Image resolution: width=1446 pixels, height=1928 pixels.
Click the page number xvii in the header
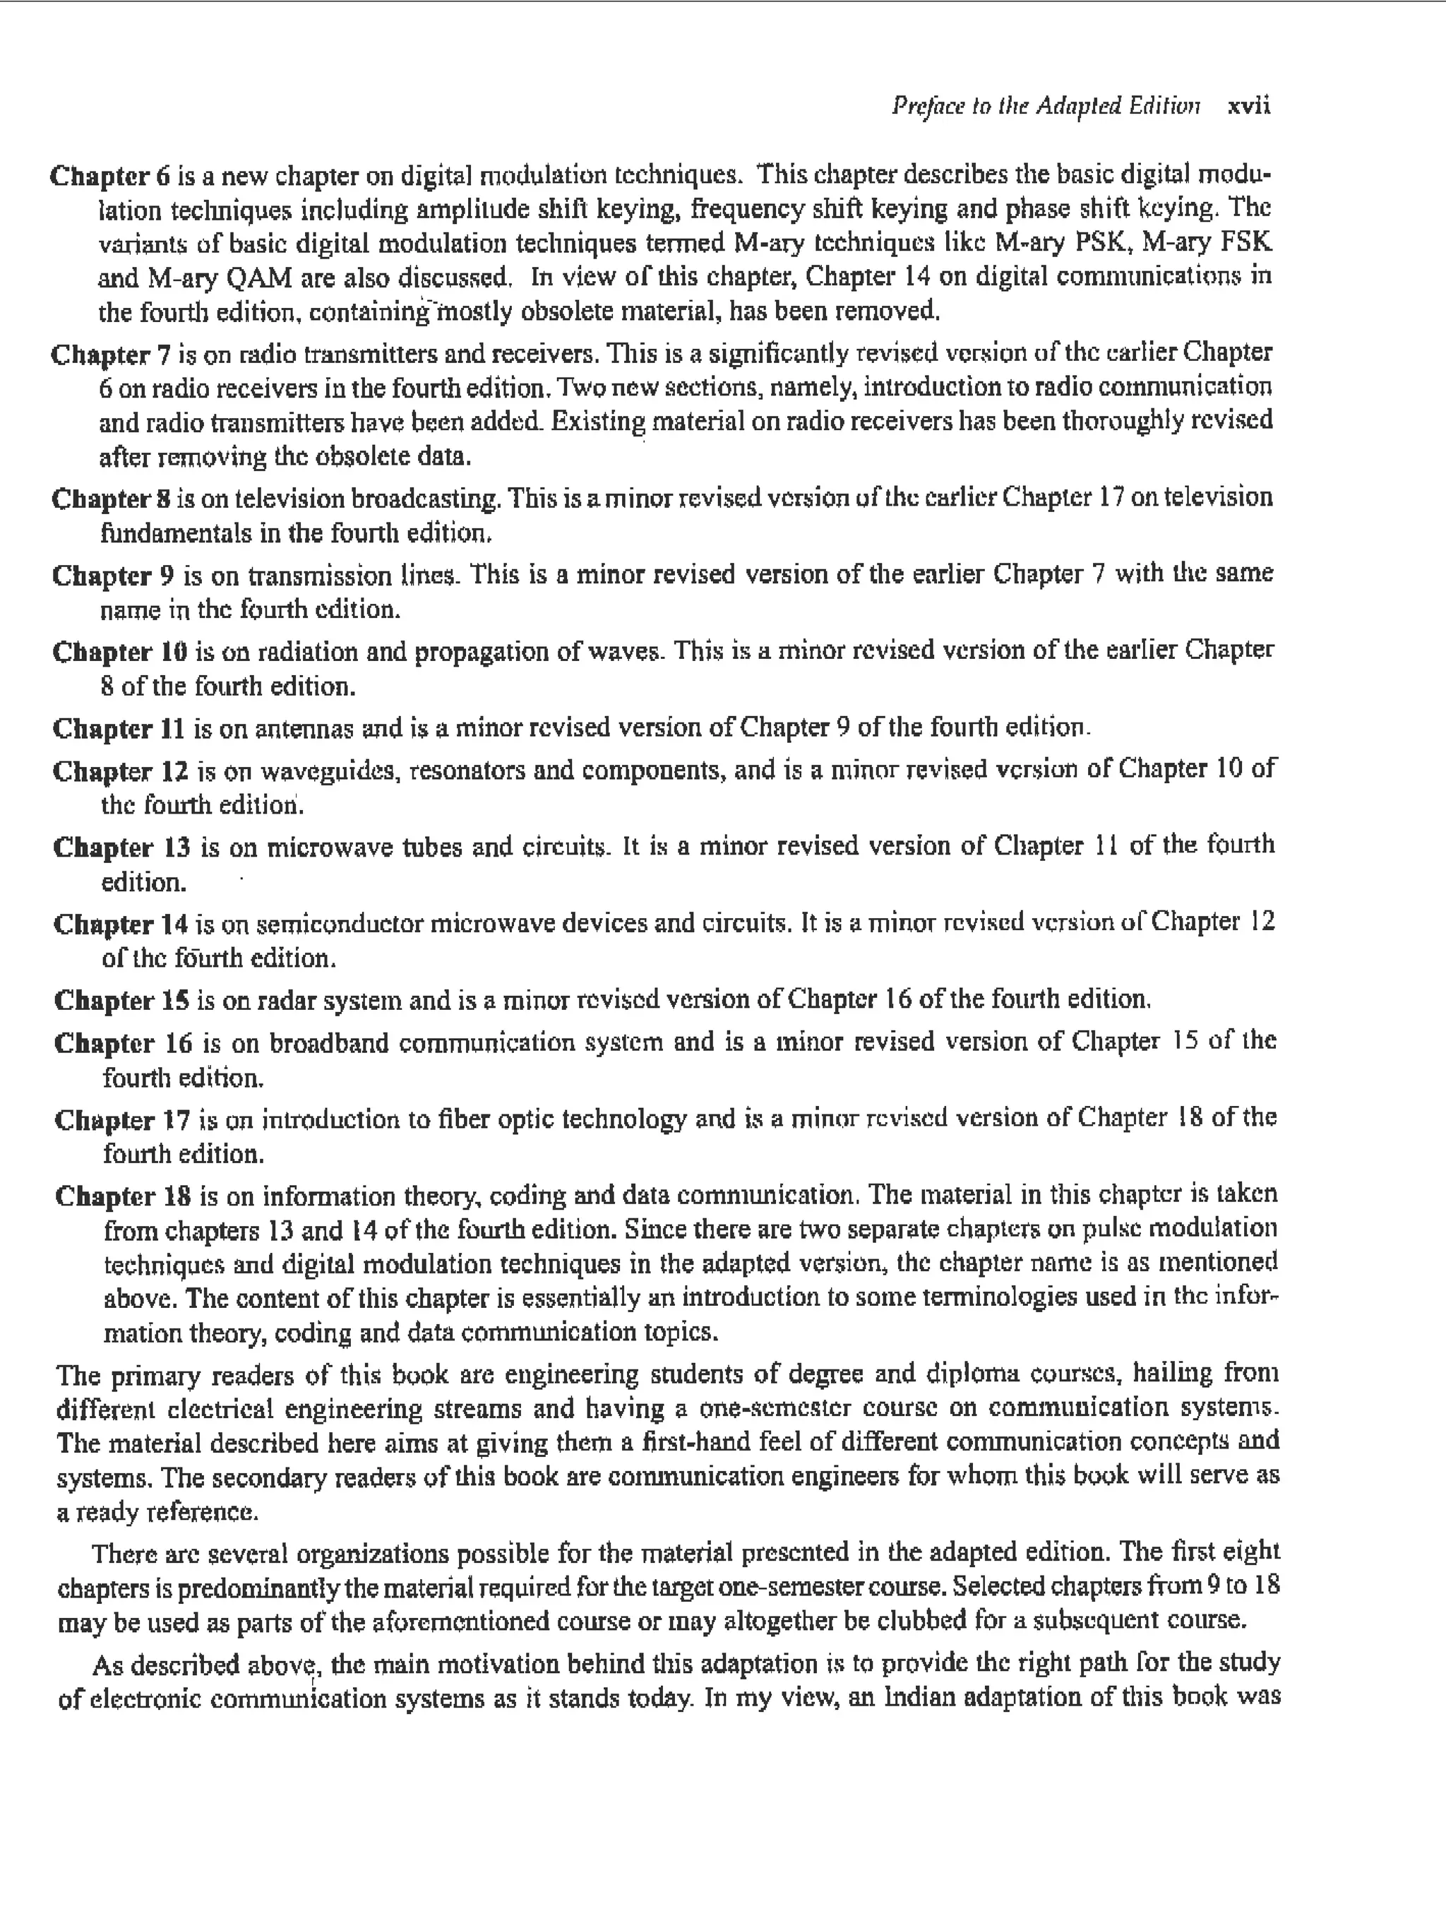1248,107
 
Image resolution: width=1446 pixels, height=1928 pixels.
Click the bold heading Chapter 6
110,176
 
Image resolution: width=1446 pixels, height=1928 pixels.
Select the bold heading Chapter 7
111,355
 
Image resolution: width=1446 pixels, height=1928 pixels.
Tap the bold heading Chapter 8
111,499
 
